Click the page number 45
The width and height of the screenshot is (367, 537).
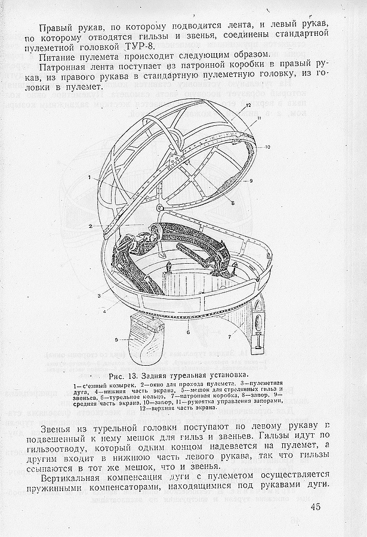[316, 507]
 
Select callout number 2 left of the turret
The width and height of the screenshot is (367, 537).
[90, 227]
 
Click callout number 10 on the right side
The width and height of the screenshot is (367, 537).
[268, 147]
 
